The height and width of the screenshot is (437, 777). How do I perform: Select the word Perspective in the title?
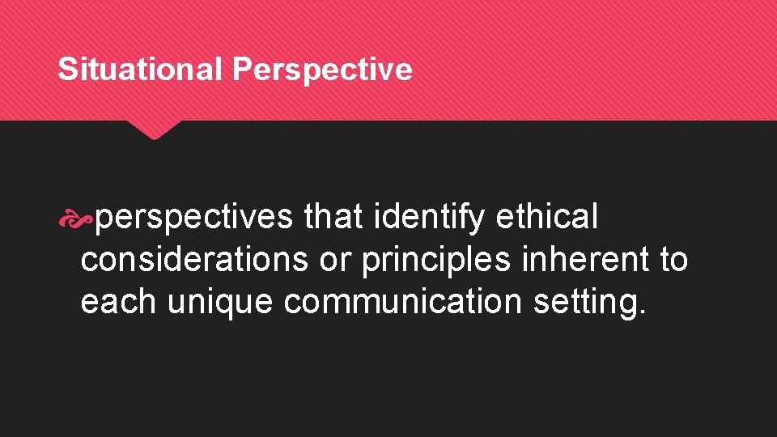point(322,70)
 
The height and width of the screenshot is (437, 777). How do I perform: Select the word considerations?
point(193,259)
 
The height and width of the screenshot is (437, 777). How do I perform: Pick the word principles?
point(437,260)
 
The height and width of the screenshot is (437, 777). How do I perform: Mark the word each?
point(119,301)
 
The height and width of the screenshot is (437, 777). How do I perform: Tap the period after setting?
point(643,312)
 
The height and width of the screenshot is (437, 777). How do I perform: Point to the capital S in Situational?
point(66,70)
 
